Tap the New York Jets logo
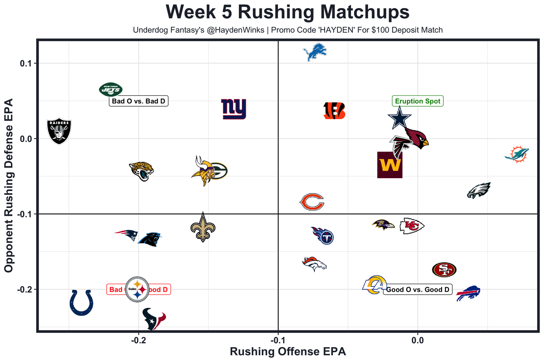tap(110, 89)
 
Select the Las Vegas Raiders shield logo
tap(59, 131)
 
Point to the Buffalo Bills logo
tap(468, 294)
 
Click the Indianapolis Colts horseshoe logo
tap(82, 302)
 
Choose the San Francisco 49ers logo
tap(444, 269)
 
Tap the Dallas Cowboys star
tap(399, 119)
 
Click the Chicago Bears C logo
tap(312, 202)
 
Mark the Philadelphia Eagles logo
tap(479, 191)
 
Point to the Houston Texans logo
tap(154, 319)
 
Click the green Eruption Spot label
tap(418, 101)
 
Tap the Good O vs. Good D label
tap(417, 290)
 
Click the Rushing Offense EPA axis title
tap(288, 352)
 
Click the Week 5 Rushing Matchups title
tap(288, 12)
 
